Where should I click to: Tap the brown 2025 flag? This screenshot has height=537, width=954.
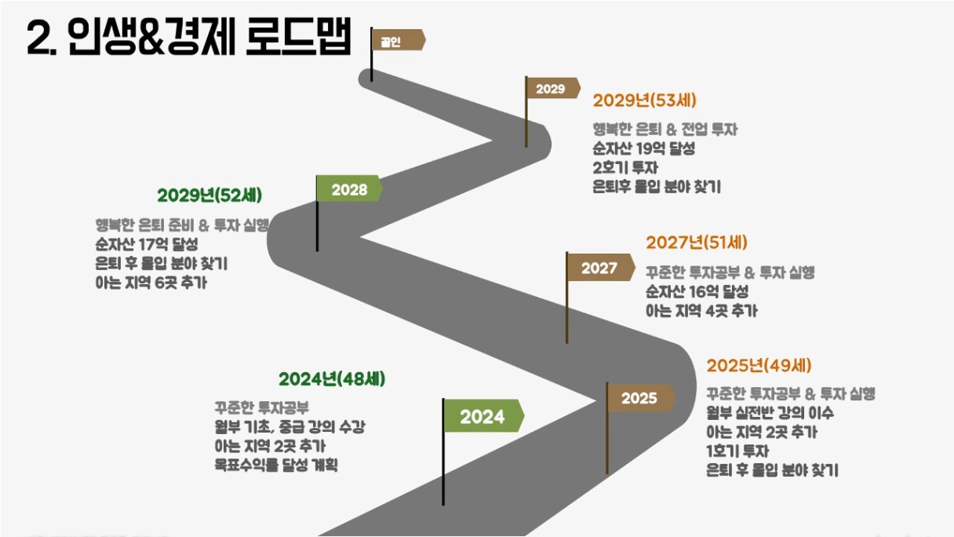[640, 398]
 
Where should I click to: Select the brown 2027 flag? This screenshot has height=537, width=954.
[600, 268]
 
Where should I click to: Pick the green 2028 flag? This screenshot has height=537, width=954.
[349, 188]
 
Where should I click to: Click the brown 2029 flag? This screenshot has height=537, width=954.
[552, 88]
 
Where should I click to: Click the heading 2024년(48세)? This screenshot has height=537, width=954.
[332, 379]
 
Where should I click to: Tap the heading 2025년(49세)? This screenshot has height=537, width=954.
[759, 365]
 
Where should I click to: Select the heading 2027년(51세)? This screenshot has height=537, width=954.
[697, 243]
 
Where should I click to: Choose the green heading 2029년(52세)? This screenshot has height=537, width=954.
[209, 195]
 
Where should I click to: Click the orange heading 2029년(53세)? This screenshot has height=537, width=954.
[644, 100]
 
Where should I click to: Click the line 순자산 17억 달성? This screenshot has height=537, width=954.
[147, 244]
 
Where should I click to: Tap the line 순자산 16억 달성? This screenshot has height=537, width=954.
[697, 291]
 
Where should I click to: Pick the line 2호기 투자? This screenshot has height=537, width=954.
[625, 168]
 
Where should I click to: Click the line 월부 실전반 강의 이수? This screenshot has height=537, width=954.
[770, 412]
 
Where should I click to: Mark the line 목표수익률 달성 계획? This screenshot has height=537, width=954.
[276, 465]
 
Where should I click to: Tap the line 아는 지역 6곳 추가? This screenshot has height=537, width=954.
[151, 283]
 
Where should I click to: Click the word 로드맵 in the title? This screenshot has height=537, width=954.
[299, 37]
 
